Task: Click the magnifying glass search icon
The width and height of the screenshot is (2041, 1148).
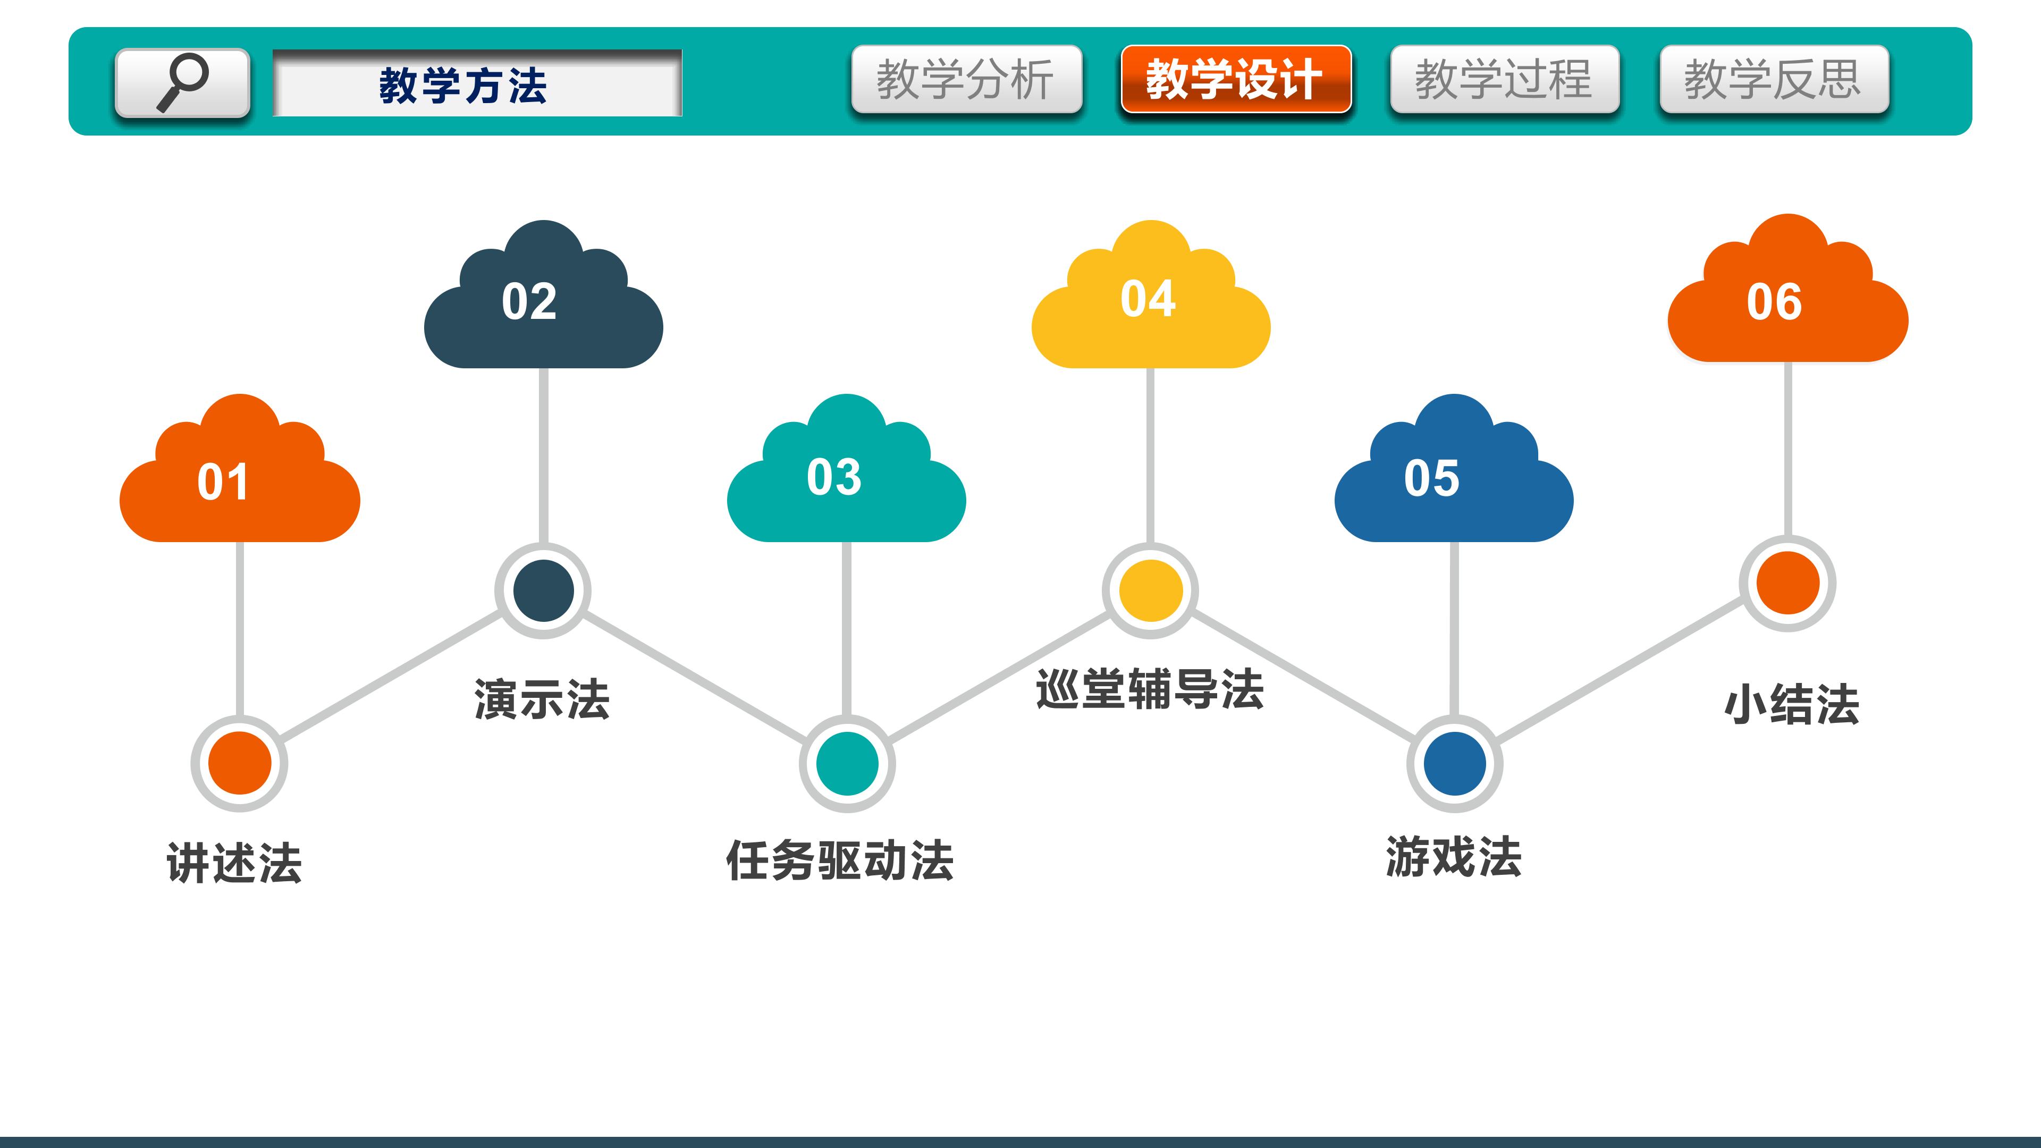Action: pyautogui.click(x=182, y=82)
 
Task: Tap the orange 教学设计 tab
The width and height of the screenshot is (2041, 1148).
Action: pyautogui.click(x=1236, y=79)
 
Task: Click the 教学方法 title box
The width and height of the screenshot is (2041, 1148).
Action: pyautogui.click(x=477, y=83)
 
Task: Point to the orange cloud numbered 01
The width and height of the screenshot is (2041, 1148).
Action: pyautogui.click(x=239, y=468)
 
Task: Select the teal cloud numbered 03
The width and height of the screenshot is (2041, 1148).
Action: pyautogui.click(x=846, y=468)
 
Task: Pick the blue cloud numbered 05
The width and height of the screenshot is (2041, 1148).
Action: pyautogui.click(x=1454, y=468)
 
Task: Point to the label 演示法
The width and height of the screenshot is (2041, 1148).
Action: pyautogui.click(x=542, y=699)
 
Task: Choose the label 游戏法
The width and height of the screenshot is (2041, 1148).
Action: pyautogui.click(x=1454, y=856)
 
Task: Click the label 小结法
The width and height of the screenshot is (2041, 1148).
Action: pyautogui.click(x=1791, y=704)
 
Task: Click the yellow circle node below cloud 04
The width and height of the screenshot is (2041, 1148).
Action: pyautogui.click(x=1150, y=590)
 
